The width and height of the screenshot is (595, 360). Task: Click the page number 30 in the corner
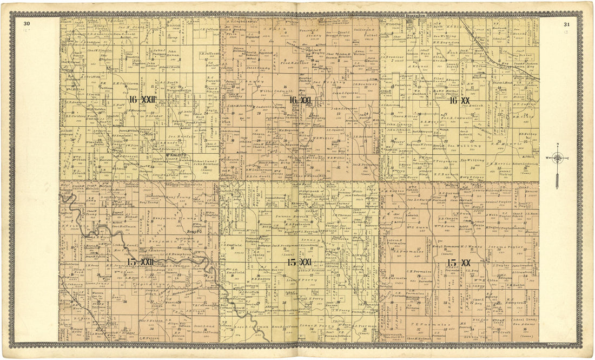click(x=27, y=23)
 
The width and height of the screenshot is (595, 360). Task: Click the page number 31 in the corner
click(x=566, y=24)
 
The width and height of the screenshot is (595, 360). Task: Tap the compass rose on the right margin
click(x=557, y=158)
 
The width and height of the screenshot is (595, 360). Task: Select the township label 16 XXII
click(x=142, y=100)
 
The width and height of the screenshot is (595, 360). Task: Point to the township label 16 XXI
click(x=300, y=100)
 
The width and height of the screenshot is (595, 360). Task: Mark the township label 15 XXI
click(x=299, y=262)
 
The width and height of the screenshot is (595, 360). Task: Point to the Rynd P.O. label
click(x=194, y=232)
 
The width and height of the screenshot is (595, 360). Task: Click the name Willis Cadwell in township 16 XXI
click(x=280, y=91)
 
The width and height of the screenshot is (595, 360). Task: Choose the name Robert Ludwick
click(x=510, y=163)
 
